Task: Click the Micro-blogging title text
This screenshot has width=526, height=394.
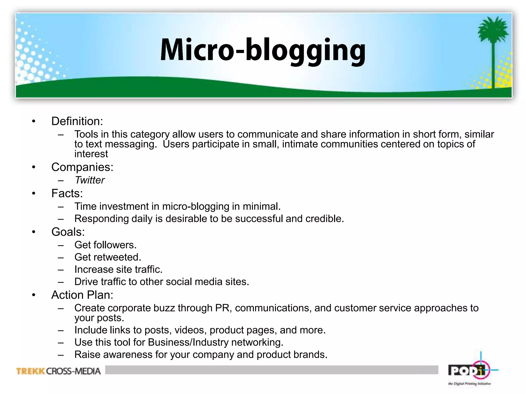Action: (x=263, y=50)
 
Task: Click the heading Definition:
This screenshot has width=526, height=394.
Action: (x=77, y=121)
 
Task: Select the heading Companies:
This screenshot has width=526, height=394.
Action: (x=82, y=167)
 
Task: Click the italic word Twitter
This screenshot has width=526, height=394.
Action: (x=90, y=180)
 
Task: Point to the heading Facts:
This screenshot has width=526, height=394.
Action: (x=67, y=193)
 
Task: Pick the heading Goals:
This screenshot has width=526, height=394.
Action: (x=68, y=232)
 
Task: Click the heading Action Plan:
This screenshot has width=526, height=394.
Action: (x=82, y=295)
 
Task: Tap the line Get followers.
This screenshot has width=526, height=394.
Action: (x=105, y=245)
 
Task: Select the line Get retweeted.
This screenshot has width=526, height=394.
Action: (x=108, y=257)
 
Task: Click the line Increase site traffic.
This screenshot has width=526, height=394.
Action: (x=118, y=269)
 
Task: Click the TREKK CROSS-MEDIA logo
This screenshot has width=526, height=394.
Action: (x=58, y=371)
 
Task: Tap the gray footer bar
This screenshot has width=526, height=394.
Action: (x=271, y=370)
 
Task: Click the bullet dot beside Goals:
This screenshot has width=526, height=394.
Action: (x=34, y=232)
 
